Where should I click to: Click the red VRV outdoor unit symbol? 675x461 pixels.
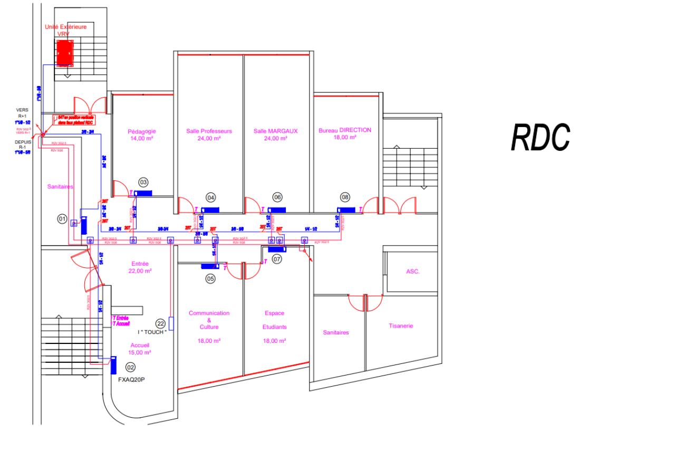(x=65, y=51)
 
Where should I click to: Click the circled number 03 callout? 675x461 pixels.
(x=143, y=182)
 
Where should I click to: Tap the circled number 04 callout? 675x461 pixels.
(x=211, y=197)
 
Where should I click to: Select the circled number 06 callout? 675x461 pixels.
(x=277, y=197)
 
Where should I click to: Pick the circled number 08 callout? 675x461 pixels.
(x=345, y=197)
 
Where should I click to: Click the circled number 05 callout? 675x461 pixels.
(x=210, y=279)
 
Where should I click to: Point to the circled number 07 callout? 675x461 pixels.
(x=277, y=260)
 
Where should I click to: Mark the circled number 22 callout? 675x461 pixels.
(x=161, y=323)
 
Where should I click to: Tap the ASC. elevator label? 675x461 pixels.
(x=412, y=272)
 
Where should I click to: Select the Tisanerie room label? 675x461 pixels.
(x=401, y=326)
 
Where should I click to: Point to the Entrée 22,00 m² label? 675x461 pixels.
(x=140, y=267)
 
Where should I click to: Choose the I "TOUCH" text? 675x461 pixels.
(x=152, y=332)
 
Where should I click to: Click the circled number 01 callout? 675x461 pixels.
(x=62, y=218)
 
